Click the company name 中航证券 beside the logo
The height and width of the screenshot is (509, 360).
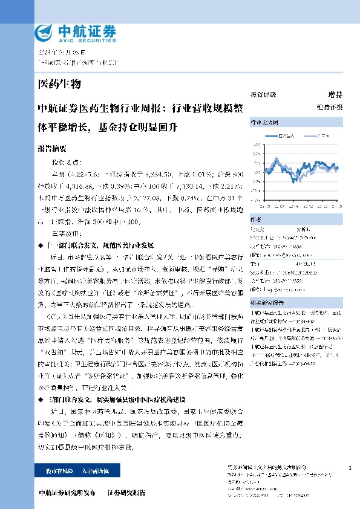[77, 29]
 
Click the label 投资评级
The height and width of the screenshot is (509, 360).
[263, 95]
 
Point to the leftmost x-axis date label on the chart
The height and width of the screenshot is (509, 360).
[267, 207]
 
